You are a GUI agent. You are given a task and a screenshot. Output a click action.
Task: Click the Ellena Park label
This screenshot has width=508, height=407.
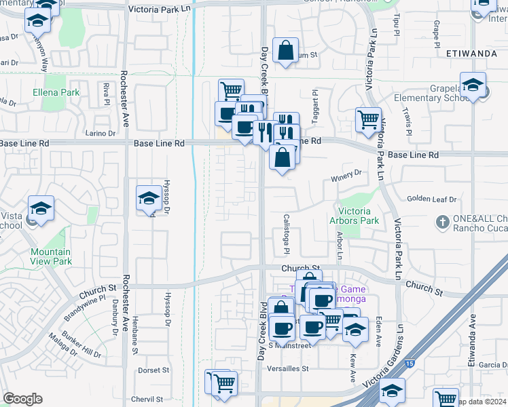56,92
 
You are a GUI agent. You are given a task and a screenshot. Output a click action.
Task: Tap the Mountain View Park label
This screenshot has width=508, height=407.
51,256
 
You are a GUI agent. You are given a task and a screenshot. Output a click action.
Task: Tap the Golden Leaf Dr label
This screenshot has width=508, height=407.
432,199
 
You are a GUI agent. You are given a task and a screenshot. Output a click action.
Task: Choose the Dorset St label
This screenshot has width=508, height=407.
153,370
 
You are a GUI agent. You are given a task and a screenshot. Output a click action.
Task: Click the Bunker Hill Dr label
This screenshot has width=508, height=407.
82,345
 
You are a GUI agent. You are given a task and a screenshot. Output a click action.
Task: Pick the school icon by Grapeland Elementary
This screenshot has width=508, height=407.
473,85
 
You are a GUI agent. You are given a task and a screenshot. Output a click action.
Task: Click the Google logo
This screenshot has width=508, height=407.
22,399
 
